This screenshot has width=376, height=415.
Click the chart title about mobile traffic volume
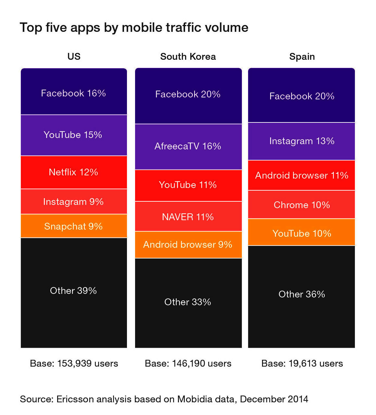coord(134,28)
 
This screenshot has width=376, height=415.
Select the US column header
coord(74,57)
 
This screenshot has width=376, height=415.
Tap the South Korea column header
coord(188,57)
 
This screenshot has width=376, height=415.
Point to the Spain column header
coord(302,57)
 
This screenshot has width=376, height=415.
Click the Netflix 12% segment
coord(74,172)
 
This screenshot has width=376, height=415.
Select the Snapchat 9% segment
coord(74,226)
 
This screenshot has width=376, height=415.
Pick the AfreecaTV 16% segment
coord(188,146)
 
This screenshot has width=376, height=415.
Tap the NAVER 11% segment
coord(188,217)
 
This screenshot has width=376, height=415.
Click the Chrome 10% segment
coord(302,205)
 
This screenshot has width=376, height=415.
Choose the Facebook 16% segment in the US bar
coord(74,93)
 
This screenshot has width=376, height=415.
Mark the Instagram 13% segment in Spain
coord(302,141)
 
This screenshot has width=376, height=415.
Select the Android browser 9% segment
coord(188,245)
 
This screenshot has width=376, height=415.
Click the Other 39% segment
coord(74,291)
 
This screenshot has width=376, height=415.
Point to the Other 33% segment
coord(188,302)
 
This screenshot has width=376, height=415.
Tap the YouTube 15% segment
coord(74,135)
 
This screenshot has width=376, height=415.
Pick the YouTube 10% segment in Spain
coord(302,233)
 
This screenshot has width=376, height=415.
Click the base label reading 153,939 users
coord(74,363)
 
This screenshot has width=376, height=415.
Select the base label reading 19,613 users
coord(302,363)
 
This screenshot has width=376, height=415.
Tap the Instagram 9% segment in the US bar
coord(74,202)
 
